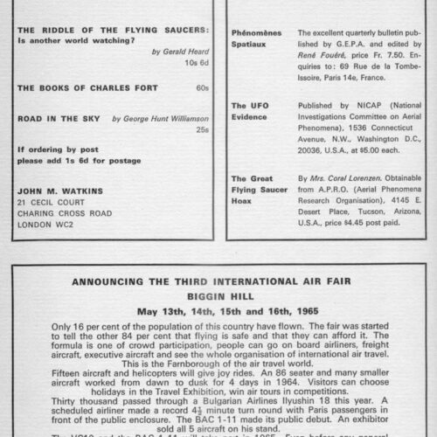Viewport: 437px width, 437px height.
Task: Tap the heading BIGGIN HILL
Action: [x=218, y=296]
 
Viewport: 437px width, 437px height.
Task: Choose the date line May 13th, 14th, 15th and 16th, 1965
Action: [x=218, y=310]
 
